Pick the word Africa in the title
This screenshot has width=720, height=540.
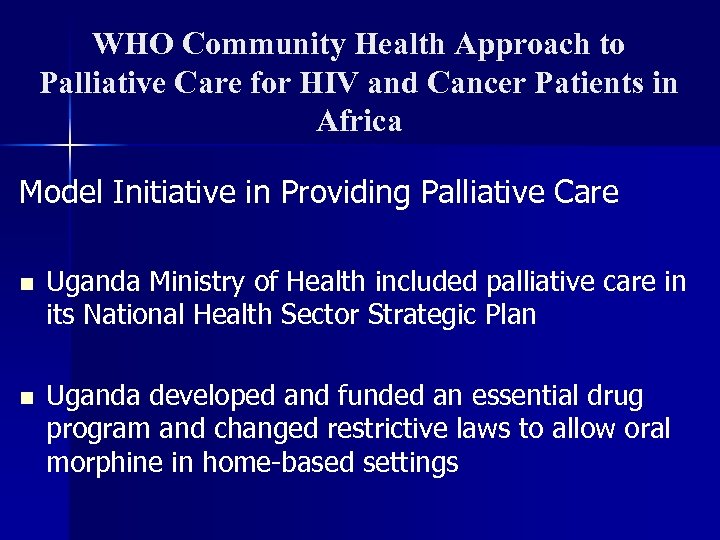point(359,122)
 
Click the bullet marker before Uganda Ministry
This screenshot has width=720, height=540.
point(26,284)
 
